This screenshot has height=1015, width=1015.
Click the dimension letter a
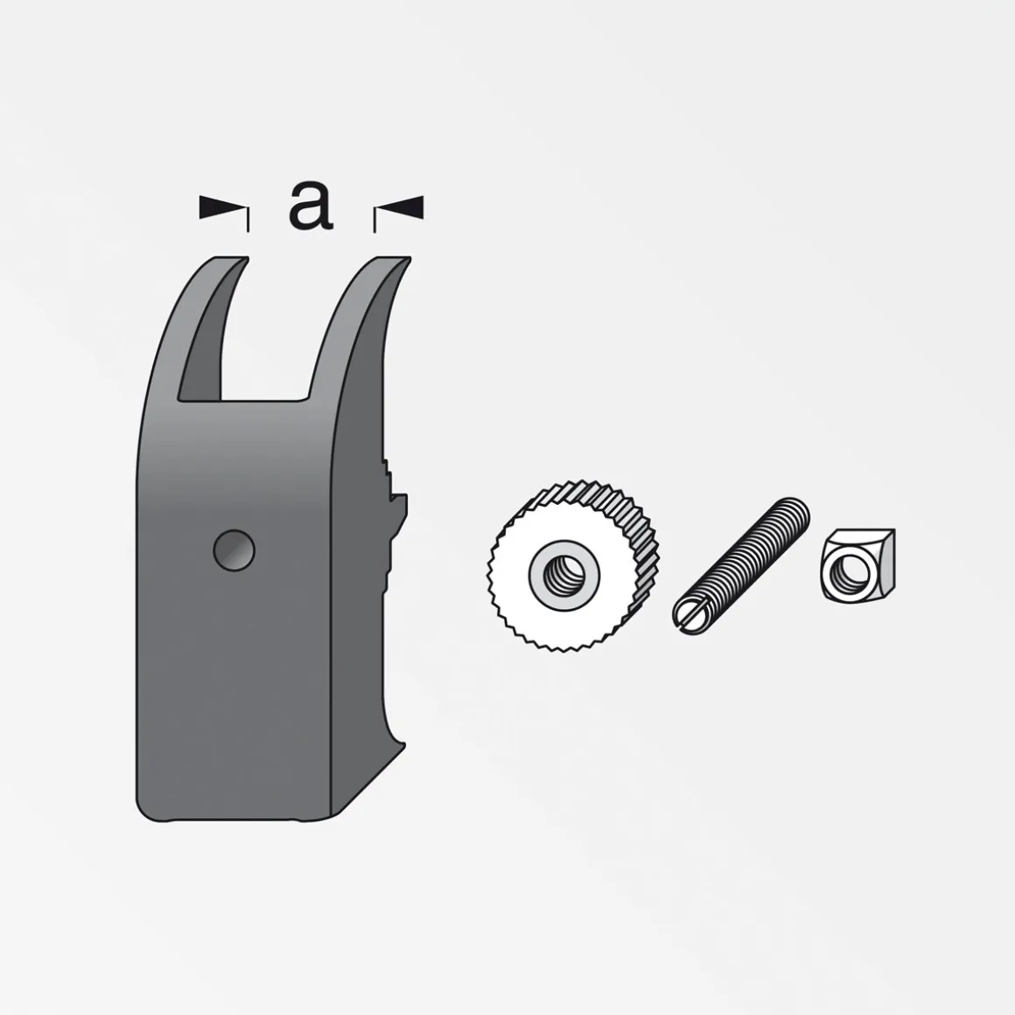[x=311, y=206]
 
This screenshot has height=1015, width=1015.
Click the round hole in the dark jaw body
[x=234, y=550]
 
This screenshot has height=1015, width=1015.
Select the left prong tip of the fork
[x=230, y=260]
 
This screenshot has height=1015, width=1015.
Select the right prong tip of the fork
[x=392, y=260]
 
